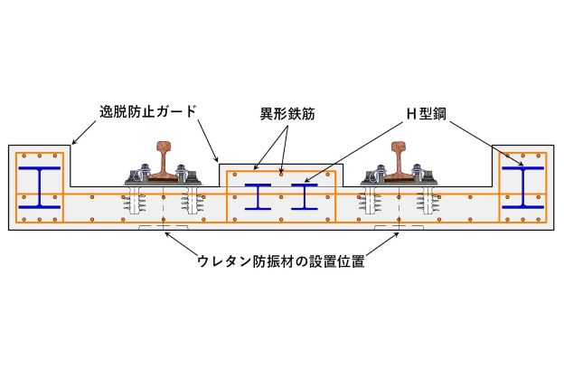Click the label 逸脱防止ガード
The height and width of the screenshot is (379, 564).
[x=148, y=112]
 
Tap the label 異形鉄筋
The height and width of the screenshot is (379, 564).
[x=287, y=114]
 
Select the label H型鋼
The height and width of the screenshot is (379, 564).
[x=427, y=114]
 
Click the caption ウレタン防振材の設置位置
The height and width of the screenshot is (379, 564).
[x=281, y=261]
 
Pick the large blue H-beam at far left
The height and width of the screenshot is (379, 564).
[x=40, y=187]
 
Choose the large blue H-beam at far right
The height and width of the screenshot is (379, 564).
[x=523, y=187]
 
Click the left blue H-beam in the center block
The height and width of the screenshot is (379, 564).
[x=258, y=197]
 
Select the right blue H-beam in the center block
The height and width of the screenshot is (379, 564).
[x=305, y=197]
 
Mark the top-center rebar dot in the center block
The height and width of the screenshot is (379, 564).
[x=281, y=175]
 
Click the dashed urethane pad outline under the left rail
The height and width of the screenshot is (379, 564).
[x=164, y=227]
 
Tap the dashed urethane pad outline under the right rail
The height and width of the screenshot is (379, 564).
[x=399, y=227]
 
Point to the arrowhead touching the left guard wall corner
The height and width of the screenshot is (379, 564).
[x=73, y=142]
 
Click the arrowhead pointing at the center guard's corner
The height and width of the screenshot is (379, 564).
[x=216, y=158]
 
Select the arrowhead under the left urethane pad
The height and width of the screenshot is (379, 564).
[x=167, y=234]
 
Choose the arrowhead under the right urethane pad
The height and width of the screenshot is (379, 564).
[x=396, y=234]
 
